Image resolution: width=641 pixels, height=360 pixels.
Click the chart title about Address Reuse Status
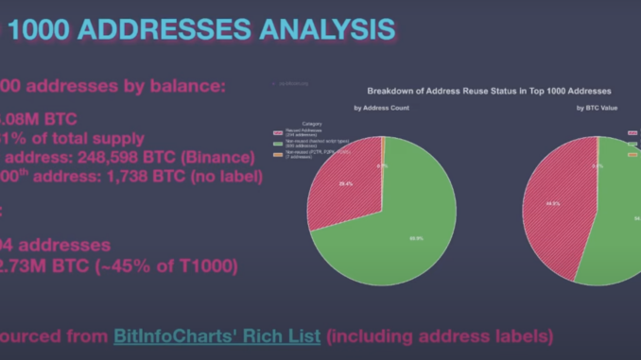click(x=489, y=91)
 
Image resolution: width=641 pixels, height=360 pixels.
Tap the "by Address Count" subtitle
click(x=381, y=108)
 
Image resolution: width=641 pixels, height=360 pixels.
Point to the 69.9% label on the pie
click(x=389, y=239)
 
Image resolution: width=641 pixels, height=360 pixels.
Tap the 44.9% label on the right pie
click(x=551, y=202)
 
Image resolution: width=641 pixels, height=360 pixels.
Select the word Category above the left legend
click(x=311, y=124)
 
